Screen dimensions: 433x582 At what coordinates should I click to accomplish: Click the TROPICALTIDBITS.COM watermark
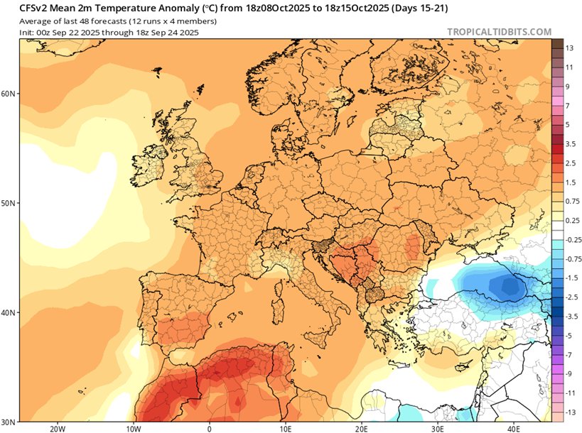coord(500,32)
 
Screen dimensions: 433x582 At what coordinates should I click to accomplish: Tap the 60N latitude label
coord(10,94)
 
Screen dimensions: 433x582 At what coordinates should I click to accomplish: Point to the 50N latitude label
coord(10,203)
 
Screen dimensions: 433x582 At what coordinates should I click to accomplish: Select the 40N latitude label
coord(10,312)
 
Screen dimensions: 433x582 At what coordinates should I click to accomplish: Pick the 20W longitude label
coord(58,428)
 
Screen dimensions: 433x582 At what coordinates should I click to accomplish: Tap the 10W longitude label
coord(133,428)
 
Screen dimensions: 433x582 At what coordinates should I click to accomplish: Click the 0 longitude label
coord(209,428)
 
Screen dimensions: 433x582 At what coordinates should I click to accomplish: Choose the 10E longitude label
coord(285,428)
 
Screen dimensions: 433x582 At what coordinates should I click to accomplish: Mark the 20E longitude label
coord(361,428)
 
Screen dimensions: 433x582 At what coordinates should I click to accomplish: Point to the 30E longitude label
coord(437,428)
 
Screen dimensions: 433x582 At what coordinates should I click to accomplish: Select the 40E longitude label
coord(513,428)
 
